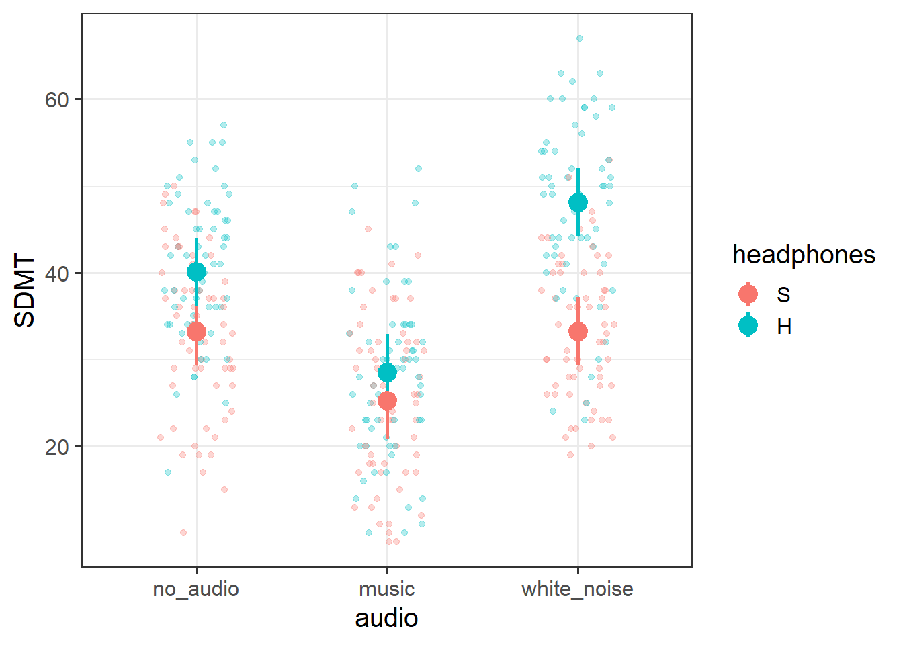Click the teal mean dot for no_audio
(196, 271)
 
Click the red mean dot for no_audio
(196, 331)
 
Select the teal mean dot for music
(387, 372)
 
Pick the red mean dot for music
(387, 401)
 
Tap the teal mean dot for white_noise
(578, 202)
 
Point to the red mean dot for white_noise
(578, 331)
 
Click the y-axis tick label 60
(57, 100)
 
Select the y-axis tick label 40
(57, 273)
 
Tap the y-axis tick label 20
(57, 447)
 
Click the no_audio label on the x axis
(196, 589)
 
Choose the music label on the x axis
(387, 589)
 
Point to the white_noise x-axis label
(578, 589)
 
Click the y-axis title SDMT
(25, 290)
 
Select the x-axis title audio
(387, 618)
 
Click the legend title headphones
(804, 255)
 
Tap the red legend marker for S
(748, 294)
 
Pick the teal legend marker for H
(748, 326)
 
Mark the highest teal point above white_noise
(579, 38)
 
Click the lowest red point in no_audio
(183, 533)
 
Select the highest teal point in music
(418, 169)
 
